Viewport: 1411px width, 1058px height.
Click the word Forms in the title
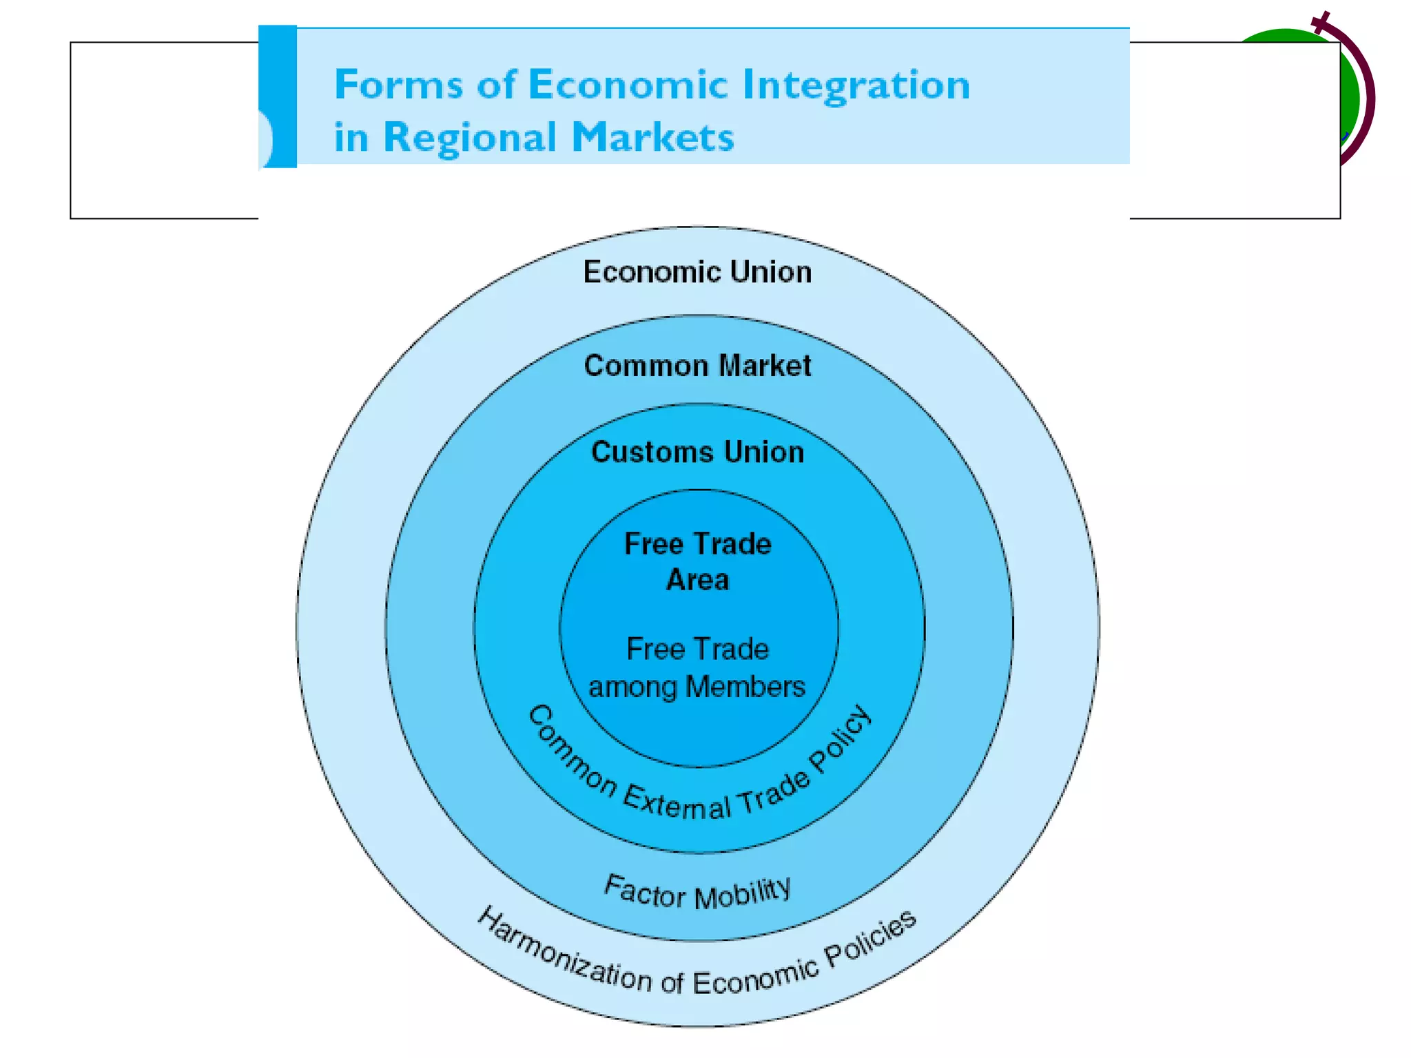(x=398, y=85)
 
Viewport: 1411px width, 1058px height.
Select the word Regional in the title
(x=469, y=137)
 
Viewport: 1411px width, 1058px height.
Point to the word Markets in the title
(x=653, y=137)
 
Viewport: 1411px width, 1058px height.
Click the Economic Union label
(x=697, y=272)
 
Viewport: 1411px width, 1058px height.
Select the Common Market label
(x=697, y=366)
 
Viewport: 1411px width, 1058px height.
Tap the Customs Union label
(x=697, y=453)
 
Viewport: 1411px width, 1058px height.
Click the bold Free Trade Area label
(x=697, y=562)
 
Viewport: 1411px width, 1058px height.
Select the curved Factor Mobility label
(x=697, y=893)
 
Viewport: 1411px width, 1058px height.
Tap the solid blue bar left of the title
(x=278, y=96)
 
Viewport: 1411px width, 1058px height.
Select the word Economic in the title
(x=628, y=85)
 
